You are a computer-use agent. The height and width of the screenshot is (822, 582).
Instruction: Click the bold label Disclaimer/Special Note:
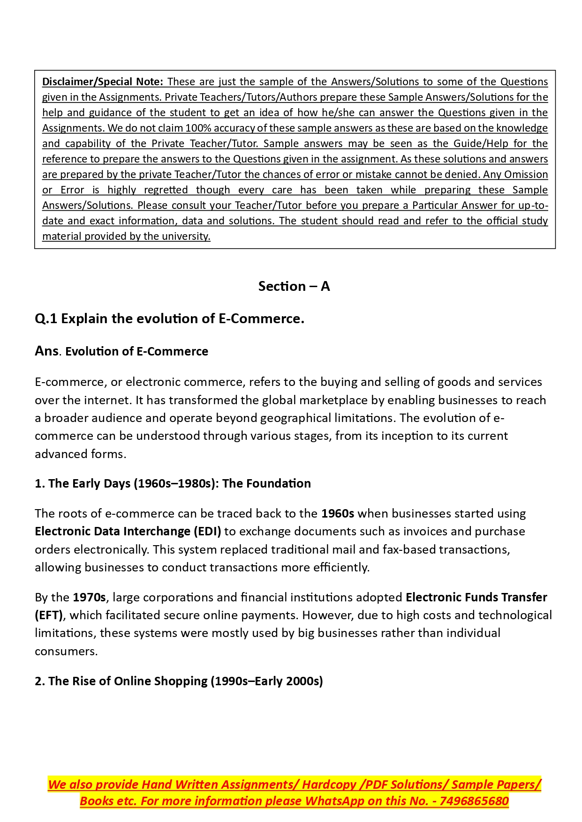tap(103, 81)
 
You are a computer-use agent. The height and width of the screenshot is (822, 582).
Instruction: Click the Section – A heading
tap(294, 286)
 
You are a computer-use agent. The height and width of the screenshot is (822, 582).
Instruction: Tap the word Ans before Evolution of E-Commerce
tap(46, 351)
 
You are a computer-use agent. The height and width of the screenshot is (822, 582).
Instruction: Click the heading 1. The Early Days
tap(173, 483)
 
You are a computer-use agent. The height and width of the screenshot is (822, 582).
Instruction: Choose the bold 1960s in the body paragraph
tap(337, 513)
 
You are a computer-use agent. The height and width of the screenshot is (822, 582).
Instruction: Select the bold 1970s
tap(89, 597)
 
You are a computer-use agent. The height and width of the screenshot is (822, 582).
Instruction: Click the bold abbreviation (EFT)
tap(49, 615)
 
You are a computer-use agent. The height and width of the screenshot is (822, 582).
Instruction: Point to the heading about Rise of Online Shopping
tap(179, 681)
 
